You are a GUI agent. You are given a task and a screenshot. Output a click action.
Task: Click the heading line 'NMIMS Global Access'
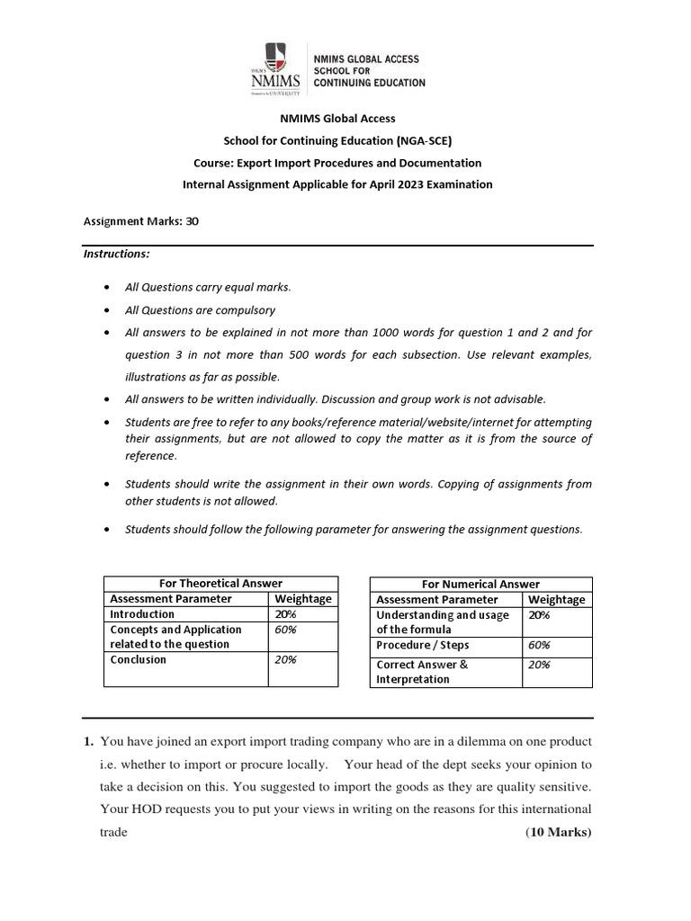point(345,118)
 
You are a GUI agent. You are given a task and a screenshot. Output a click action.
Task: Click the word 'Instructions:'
point(117,254)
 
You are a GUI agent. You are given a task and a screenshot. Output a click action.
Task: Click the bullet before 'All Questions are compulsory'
point(108,310)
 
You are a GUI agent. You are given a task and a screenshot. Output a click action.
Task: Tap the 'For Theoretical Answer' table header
point(220,584)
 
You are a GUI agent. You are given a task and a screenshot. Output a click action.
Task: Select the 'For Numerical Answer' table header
point(480,585)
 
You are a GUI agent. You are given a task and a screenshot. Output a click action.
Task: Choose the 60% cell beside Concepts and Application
point(286,630)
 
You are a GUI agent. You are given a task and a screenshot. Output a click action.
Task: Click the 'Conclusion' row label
point(139,659)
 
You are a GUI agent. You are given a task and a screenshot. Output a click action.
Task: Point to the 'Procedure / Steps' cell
point(423,645)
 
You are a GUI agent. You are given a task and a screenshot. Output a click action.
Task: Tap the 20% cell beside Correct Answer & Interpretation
point(539,665)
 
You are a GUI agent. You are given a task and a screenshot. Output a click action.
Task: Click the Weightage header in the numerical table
point(556,599)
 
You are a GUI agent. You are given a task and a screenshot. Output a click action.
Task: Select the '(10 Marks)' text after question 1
point(558,832)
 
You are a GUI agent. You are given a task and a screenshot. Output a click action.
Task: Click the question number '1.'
point(89,742)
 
